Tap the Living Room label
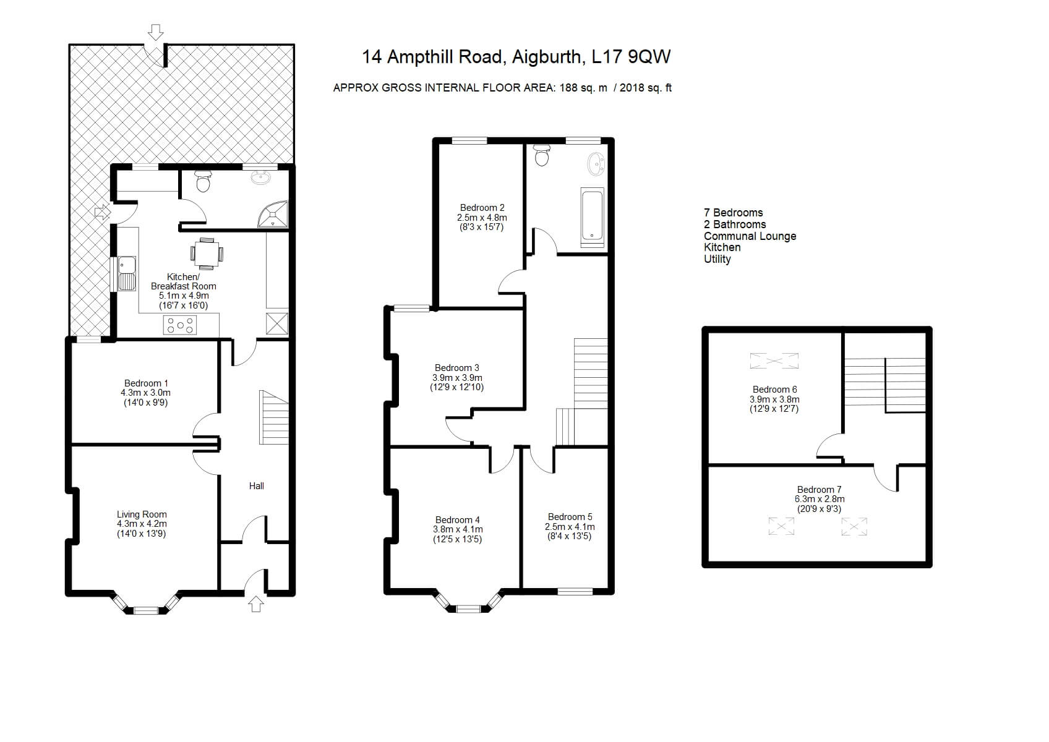pos(142,514)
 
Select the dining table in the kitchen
pos(207,254)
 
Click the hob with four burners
pos(180,325)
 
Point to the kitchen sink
pos(127,273)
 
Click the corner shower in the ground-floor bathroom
pos(275,213)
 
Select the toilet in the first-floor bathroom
pos(542,155)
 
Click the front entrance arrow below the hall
pos(256,604)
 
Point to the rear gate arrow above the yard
pos(156,32)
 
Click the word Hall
pos(256,486)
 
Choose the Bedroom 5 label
pos(570,517)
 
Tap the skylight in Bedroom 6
pos(774,361)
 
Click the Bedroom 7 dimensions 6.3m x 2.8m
pos(819,499)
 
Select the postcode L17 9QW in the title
pos(631,57)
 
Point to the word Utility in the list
pos(717,259)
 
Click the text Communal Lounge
pos(750,236)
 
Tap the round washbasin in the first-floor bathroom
pos(596,164)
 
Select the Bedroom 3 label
pos(456,368)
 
